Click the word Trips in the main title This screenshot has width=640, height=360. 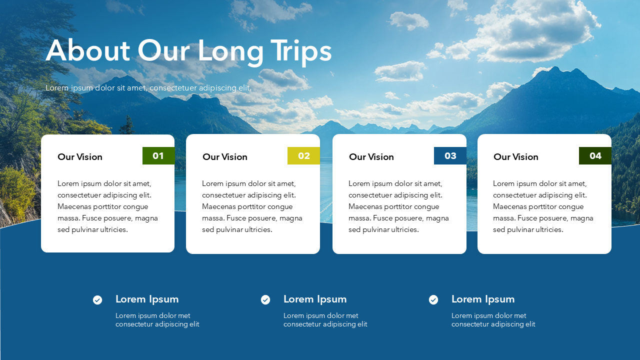(x=301, y=51)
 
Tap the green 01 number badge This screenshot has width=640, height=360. (x=158, y=155)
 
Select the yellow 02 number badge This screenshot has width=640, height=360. (x=303, y=155)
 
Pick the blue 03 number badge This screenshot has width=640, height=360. (x=450, y=155)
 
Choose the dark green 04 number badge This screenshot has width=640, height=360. (x=595, y=155)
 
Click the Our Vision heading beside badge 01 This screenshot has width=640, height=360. (x=80, y=157)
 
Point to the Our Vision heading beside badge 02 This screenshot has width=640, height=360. (x=225, y=157)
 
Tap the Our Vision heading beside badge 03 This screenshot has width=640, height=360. (x=371, y=157)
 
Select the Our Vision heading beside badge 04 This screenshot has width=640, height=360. (x=516, y=157)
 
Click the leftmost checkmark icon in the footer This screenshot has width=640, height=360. (x=97, y=300)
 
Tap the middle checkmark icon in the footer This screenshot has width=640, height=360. (x=265, y=300)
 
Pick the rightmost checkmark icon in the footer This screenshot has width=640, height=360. (x=433, y=300)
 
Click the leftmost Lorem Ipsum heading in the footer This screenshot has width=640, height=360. (x=147, y=299)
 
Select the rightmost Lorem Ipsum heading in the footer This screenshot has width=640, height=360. (x=483, y=299)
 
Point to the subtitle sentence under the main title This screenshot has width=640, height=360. (x=148, y=88)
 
